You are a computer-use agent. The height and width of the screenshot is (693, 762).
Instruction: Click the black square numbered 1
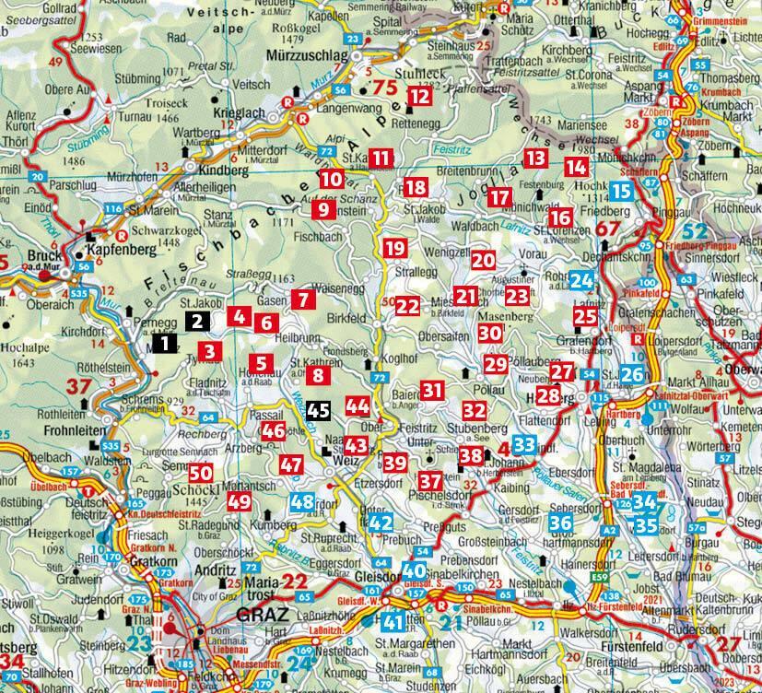(x=164, y=344)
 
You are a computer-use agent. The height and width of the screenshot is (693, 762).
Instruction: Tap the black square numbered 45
(x=318, y=411)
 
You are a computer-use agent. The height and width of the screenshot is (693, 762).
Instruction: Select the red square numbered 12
(x=420, y=95)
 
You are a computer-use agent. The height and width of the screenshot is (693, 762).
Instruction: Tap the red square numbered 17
(x=499, y=196)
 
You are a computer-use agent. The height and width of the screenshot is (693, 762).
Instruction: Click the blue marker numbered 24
(x=581, y=281)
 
